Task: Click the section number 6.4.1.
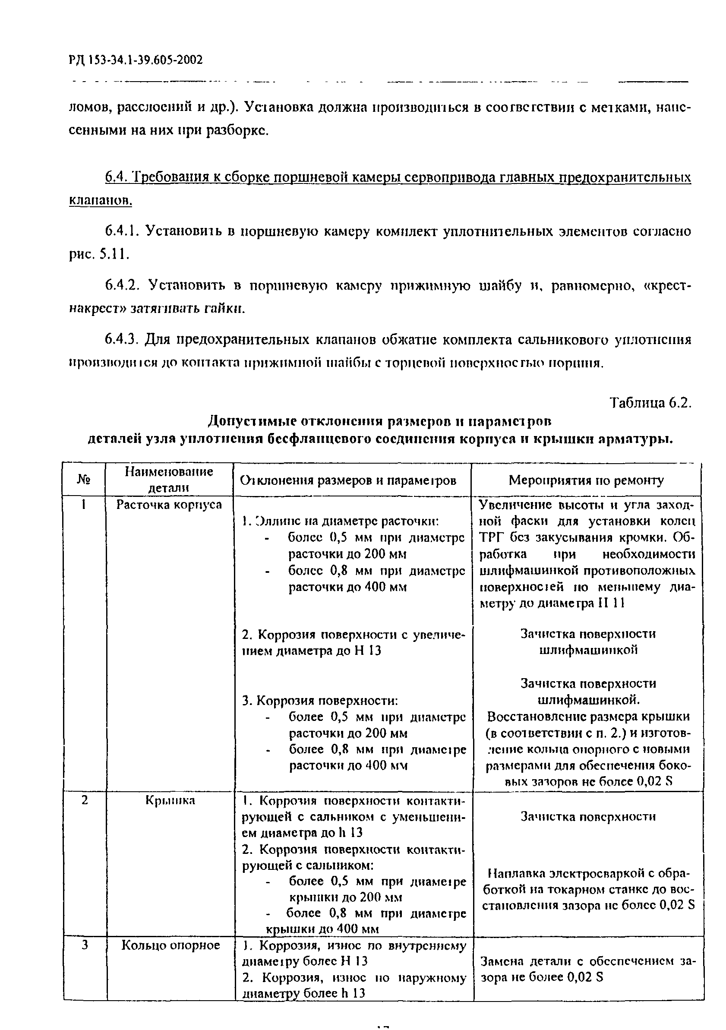(122, 231)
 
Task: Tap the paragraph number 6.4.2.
(122, 286)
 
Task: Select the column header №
(83, 480)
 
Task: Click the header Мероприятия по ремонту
(586, 480)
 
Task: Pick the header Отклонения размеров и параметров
(348, 480)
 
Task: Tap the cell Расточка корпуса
(169, 505)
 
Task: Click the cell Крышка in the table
(170, 800)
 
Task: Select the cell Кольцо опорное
(170, 946)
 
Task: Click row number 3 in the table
(84, 945)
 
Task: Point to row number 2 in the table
(84, 800)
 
